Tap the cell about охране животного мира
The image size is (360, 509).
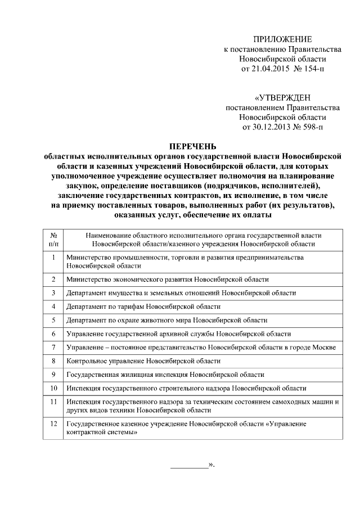166,320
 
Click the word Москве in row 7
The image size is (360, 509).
323,348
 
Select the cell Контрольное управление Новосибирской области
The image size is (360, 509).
143,361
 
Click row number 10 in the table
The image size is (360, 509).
53,388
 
